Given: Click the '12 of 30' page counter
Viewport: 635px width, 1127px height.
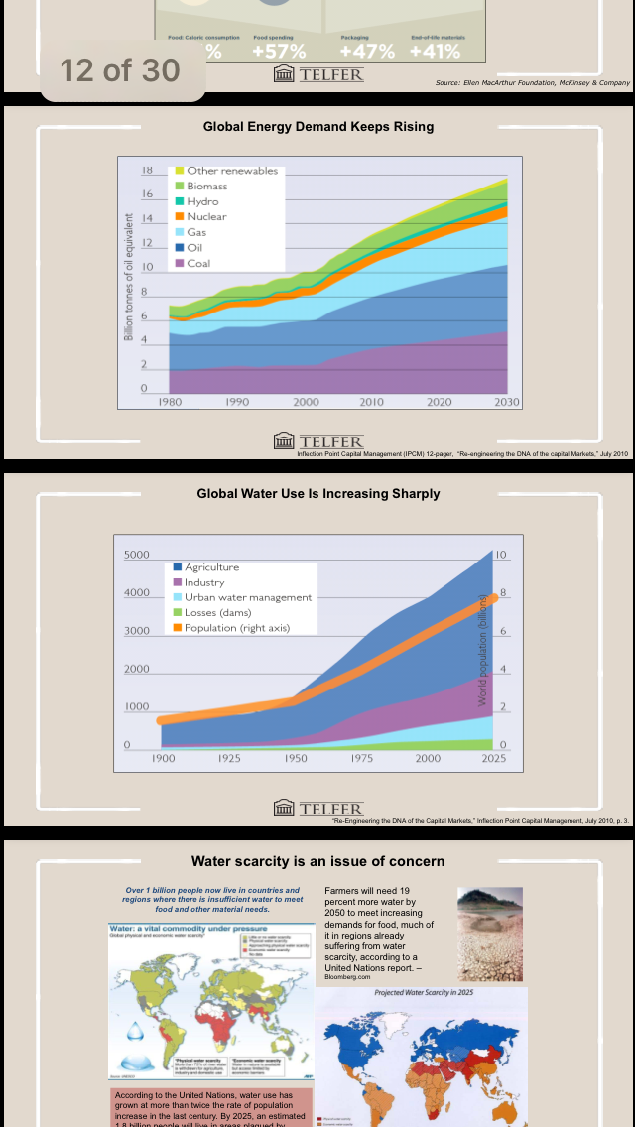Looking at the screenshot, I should [120, 70].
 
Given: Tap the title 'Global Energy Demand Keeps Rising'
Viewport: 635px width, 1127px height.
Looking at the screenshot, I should [318, 127].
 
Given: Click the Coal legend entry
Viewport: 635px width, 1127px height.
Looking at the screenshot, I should [198, 263].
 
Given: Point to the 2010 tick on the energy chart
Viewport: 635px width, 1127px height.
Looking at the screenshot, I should [372, 402].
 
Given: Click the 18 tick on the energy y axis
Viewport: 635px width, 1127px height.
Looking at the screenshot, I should [147, 171].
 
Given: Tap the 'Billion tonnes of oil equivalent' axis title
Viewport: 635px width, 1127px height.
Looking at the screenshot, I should [129, 277].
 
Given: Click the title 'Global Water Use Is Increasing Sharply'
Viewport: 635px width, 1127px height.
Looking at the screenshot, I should [318, 493].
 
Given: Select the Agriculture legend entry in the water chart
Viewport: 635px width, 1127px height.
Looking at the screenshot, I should [211, 567].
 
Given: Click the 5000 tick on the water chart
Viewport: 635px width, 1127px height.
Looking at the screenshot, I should [136, 555].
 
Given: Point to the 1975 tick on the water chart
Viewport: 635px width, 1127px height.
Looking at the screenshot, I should [361, 758].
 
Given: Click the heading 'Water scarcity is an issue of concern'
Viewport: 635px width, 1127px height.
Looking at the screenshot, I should [318, 861].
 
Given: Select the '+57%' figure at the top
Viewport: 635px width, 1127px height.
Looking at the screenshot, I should [279, 51].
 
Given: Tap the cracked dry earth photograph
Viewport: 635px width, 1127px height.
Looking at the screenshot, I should [490, 934].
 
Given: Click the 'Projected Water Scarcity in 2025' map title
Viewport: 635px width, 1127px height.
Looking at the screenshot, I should [422, 992].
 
